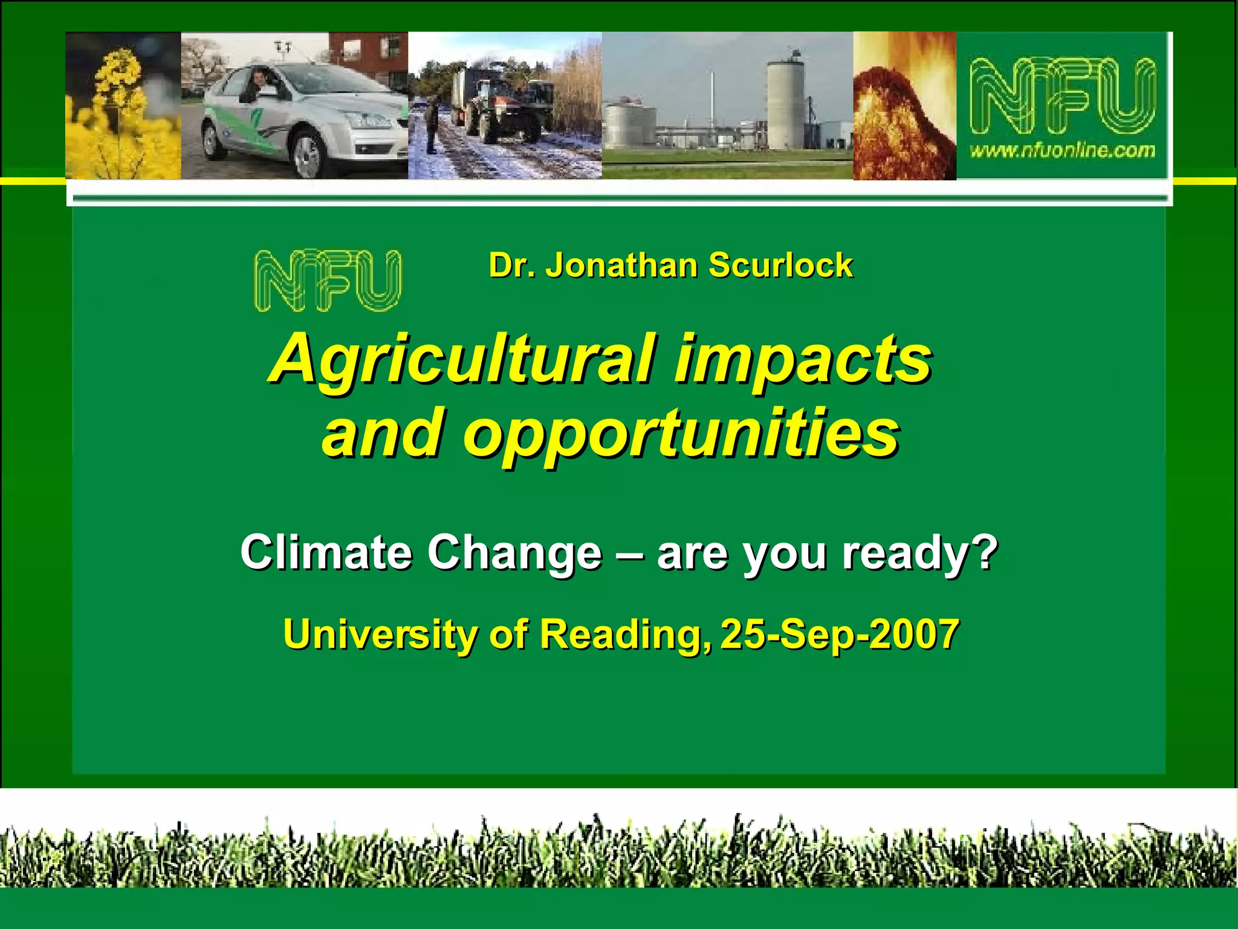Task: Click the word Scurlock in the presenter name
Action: click(780, 266)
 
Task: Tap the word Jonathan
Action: click(621, 266)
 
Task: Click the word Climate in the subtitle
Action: click(326, 552)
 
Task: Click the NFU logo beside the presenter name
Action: click(327, 281)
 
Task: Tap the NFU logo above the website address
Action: click(1062, 96)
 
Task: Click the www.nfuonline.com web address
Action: click(1062, 150)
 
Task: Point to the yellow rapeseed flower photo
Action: click(123, 106)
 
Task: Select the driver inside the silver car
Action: click(258, 85)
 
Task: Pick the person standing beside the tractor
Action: click(432, 127)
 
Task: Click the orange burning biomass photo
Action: click(904, 106)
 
